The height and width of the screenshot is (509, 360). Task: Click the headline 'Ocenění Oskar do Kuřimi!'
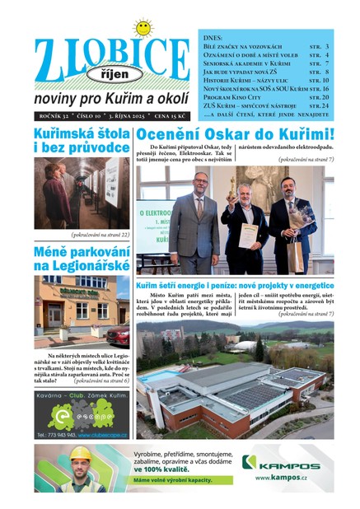(235, 135)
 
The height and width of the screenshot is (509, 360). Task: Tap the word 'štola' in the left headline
(106, 133)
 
